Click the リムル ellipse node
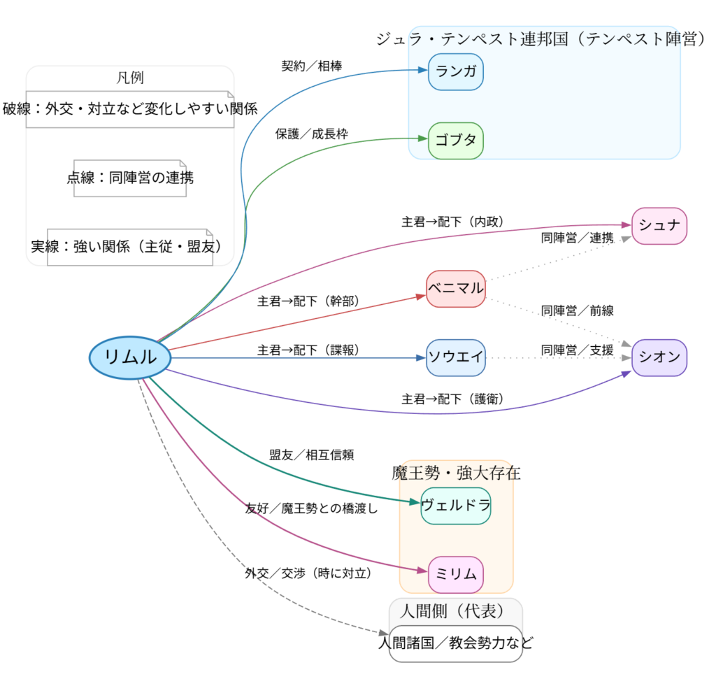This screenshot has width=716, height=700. (130, 357)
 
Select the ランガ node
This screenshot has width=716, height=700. (456, 72)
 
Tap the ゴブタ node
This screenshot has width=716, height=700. (456, 140)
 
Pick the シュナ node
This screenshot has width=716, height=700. (659, 226)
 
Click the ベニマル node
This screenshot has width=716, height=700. (456, 288)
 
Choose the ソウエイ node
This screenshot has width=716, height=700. (456, 357)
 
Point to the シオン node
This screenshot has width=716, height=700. (659, 357)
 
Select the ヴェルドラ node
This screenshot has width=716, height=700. (456, 506)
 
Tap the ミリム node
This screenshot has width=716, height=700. (456, 574)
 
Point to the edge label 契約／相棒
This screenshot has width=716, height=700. (312, 66)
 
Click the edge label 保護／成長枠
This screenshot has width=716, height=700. (312, 134)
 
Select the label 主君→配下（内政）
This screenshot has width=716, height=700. (453, 222)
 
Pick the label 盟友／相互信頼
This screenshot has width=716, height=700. (312, 455)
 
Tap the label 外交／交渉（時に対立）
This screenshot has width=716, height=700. (308, 573)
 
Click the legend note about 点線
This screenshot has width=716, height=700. (130, 178)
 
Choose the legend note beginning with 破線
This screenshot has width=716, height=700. (130, 109)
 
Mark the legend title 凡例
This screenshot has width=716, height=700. (130, 78)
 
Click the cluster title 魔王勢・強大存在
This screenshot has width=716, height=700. (456, 473)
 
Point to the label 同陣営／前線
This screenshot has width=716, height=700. (578, 310)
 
